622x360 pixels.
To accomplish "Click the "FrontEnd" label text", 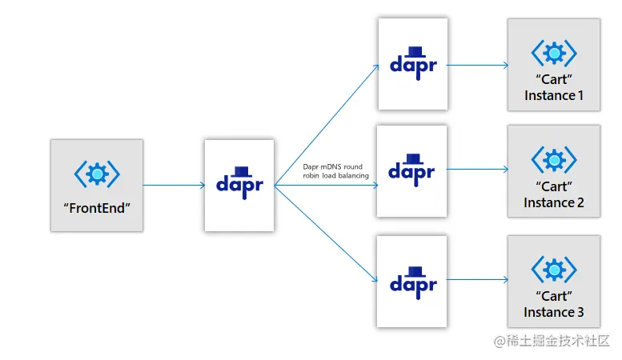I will coord(96,207).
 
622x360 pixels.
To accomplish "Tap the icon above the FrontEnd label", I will coord(97,174).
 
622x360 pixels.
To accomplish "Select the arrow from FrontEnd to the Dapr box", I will coord(174,186).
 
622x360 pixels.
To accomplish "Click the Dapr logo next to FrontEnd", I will coord(239,181).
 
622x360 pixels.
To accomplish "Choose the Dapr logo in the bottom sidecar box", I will coord(413,280).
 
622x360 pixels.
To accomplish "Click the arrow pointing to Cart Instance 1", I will coord(477,66).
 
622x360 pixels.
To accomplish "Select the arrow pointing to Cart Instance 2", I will coord(477,170).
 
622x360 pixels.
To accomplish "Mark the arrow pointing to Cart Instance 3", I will coord(477,280).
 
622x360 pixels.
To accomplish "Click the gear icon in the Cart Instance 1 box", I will coord(553,53).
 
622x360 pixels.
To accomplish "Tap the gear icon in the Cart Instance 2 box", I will coord(553,159).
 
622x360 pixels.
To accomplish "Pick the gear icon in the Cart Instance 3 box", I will coord(553,269).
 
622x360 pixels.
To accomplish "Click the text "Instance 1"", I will coord(553,96).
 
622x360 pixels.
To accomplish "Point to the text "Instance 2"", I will coord(553,202).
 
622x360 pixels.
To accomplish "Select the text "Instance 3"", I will coord(553,312).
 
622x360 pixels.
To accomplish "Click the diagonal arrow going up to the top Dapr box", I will coord(327,125).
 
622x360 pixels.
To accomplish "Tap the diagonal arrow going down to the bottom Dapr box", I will coord(327,234).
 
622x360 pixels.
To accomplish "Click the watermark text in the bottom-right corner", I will coord(552,342).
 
